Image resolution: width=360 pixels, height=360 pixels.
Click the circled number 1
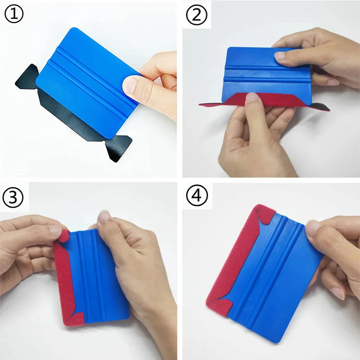pyautogui.click(x=14, y=14)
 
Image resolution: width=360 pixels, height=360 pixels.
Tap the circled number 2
pyautogui.click(x=197, y=15)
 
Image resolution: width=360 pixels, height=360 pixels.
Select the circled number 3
pyautogui.click(x=13, y=197)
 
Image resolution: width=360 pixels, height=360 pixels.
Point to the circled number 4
pyautogui.click(x=197, y=196)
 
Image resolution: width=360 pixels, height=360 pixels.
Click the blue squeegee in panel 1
pyautogui.click(x=88, y=83)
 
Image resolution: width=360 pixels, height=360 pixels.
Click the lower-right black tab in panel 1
pyautogui.click(x=118, y=148)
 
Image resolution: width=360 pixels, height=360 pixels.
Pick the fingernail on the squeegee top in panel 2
pyautogui.click(x=280, y=56)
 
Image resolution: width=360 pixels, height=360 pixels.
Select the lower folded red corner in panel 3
pyautogui.click(x=76, y=319)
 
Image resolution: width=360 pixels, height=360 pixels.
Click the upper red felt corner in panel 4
pyautogui.click(x=264, y=214)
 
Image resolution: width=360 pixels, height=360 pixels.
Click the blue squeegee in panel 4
pyautogui.click(x=273, y=275)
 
